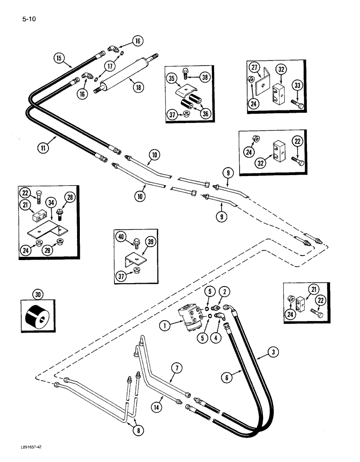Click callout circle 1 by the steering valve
click(x=162, y=326)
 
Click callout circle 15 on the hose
click(x=59, y=58)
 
